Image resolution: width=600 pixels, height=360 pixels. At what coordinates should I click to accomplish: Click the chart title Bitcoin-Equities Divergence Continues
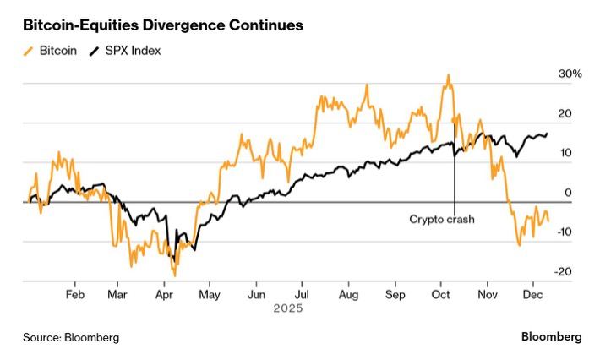162,25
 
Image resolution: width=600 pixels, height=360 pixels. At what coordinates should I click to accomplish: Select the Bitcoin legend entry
52,51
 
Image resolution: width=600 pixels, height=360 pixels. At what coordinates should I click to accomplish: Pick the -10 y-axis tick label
565,232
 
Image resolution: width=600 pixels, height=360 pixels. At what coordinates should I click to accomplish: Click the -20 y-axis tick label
565,272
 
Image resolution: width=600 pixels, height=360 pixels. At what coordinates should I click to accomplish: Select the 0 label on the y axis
568,193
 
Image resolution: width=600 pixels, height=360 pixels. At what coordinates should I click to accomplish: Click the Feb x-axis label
74,295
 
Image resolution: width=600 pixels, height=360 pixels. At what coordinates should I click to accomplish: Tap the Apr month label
164,295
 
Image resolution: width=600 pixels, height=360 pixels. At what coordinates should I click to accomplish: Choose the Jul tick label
303,295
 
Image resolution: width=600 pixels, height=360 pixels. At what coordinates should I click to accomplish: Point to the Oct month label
440,295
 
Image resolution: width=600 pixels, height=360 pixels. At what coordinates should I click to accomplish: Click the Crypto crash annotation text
442,219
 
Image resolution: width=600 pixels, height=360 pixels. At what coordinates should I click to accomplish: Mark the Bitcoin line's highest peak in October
448,75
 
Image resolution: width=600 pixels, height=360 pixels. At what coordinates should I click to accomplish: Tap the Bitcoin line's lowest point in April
175,275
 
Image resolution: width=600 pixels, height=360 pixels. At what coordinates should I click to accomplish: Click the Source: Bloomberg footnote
71,337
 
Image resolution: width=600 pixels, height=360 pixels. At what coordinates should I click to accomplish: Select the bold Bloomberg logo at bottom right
550,336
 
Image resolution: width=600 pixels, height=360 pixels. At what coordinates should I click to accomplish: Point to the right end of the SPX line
547,134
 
